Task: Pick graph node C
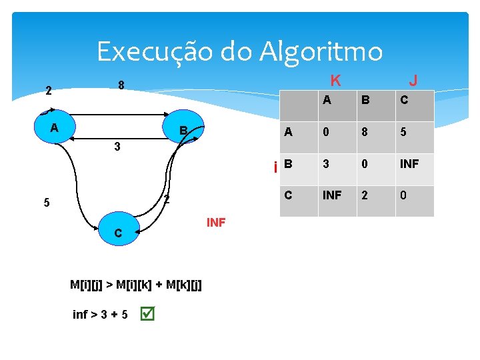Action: [x=118, y=231]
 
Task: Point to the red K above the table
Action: [x=336, y=81]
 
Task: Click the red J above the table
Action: [x=413, y=81]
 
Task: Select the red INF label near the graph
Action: [x=216, y=223]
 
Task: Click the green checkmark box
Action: [x=148, y=313]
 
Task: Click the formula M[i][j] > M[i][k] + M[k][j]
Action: [x=136, y=285]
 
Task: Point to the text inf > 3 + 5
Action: [x=101, y=314]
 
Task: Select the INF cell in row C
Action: [x=333, y=195]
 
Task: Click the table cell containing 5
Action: [x=404, y=132]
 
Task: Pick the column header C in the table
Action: [x=404, y=101]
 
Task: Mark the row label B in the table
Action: [x=288, y=163]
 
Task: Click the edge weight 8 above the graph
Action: [x=121, y=85]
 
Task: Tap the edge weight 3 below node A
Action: [x=117, y=147]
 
